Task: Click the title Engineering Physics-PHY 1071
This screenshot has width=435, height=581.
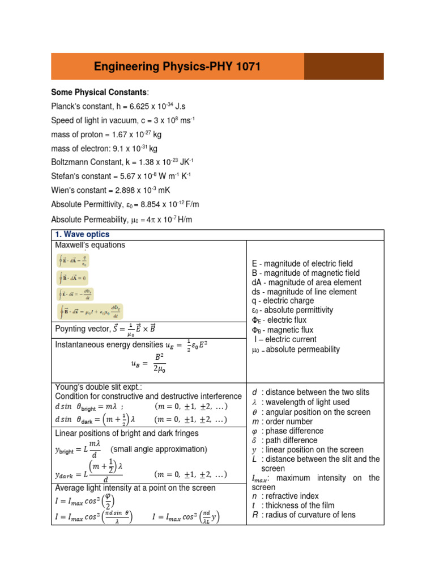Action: [x=177, y=67]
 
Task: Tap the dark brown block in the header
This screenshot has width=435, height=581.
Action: [x=344, y=66]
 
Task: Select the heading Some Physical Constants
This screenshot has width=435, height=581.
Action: [x=100, y=92]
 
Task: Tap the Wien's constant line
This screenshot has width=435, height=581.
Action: [x=114, y=190]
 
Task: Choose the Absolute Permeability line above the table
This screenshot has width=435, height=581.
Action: [x=124, y=220]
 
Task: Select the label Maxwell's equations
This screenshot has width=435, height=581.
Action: [x=90, y=245]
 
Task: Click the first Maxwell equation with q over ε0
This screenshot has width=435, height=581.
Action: [x=74, y=260]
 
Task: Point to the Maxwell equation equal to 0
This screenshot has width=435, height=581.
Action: [x=73, y=278]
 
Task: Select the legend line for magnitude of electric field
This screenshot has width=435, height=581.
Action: [x=302, y=264]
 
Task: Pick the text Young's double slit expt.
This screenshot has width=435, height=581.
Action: [x=96, y=386]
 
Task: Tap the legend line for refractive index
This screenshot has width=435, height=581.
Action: [x=285, y=496]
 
